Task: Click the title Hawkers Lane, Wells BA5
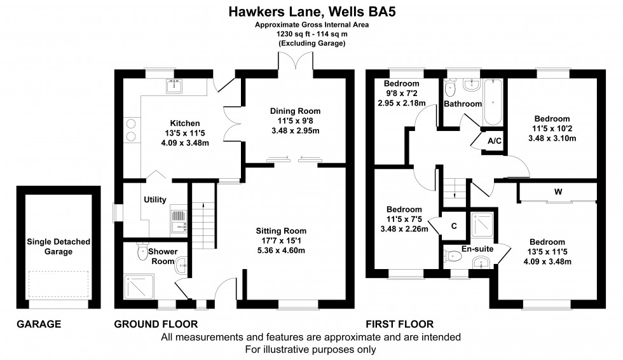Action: pos(311,11)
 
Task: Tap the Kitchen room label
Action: pos(185,123)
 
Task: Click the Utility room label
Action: pos(154,200)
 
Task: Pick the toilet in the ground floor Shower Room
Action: pos(141,254)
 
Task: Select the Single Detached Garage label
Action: pos(58,247)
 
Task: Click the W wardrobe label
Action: pos(557,191)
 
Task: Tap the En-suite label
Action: pos(477,249)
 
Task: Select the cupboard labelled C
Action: pos(453,225)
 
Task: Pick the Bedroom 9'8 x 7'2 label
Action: pos(401,83)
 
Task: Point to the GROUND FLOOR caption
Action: pos(156,324)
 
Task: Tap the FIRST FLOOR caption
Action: pos(399,324)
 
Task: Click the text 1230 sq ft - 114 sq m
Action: pos(311,34)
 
